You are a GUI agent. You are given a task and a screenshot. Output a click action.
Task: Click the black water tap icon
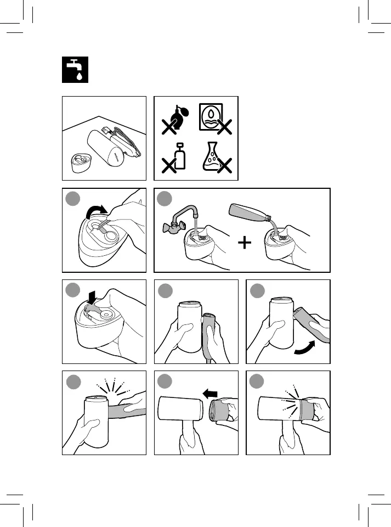click(x=73, y=70)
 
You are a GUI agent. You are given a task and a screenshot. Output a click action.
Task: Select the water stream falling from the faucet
click(x=194, y=226)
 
